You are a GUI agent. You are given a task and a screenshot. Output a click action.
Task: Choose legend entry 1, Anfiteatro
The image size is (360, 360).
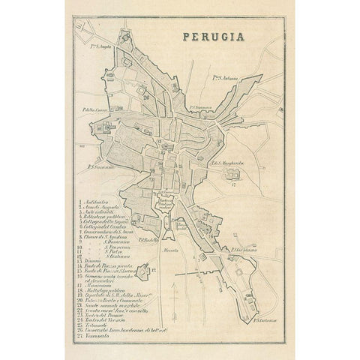(x=97, y=202)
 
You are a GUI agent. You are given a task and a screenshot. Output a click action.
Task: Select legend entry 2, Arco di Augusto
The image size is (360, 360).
(x=102, y=208)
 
